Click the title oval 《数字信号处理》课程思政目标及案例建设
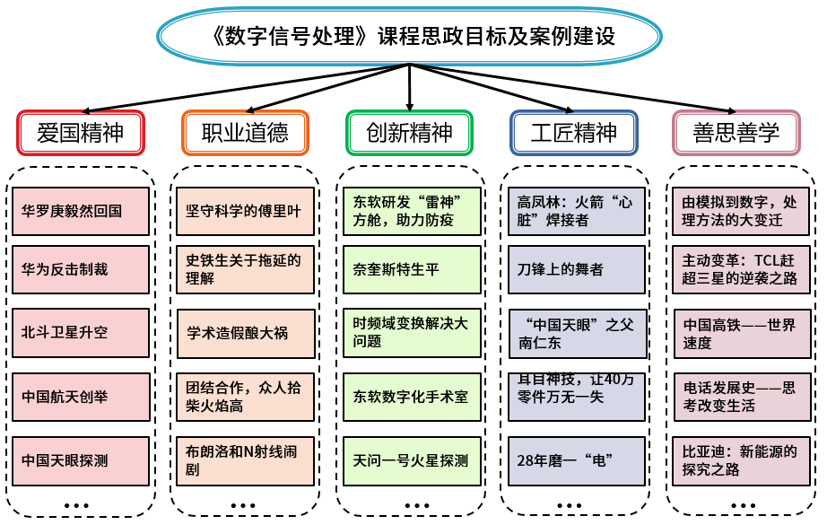pos(409,37)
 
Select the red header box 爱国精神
pos(81,133)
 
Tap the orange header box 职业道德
pos(245,133)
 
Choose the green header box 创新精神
pos(409,133)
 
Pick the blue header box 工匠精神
pos(574,133)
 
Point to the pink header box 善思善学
pos(736,133)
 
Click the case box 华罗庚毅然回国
pos(81,211)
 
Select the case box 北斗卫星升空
pos(81,332)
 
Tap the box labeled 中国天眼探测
pos(81,460)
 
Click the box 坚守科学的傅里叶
pos(245,211)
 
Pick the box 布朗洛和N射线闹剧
pos(245,460)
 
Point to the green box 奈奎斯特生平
pos(412,269)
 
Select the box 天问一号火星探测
pos(412,460)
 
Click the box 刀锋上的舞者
pos(577,269)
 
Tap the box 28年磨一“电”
pos(577,460)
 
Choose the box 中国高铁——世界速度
pos(742,334)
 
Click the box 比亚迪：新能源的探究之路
pos(741,460)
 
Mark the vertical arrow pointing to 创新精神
pos(409,88)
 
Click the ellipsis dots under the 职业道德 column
pos(243,505)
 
